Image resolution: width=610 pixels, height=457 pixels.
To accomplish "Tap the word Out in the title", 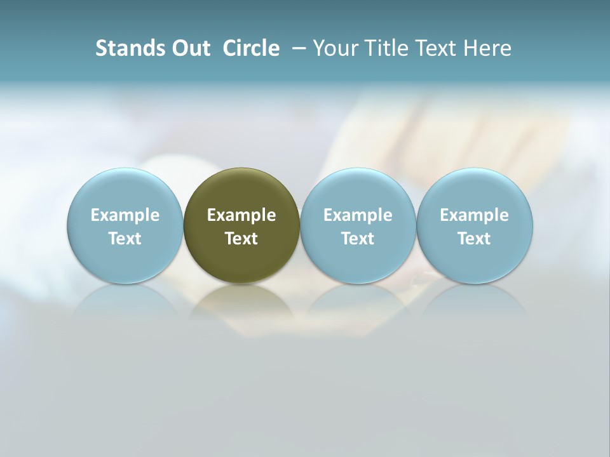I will tap(190, 48).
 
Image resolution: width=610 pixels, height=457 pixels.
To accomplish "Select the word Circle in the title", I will tap(251, 48).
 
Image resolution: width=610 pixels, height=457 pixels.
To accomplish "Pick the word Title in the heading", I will tap(388, 48).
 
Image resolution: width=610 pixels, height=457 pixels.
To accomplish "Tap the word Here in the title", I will tap(489, 48).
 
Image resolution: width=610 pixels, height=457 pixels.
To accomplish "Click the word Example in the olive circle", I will tap(241, 215).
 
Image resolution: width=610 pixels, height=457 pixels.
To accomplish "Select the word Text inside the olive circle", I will tap(241, 239).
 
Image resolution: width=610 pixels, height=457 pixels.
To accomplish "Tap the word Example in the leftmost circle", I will tap(125, 215).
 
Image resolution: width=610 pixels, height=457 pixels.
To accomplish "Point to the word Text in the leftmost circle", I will tap(125, 239).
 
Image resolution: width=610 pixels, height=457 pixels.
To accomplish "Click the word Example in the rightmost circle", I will tap(475, 215).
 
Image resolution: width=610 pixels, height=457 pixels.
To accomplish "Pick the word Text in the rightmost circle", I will tap(475, 239).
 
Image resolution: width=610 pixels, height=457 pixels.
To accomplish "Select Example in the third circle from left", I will tap(358, 215).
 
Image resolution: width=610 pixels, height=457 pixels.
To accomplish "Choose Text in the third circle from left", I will tap(358, 239).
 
